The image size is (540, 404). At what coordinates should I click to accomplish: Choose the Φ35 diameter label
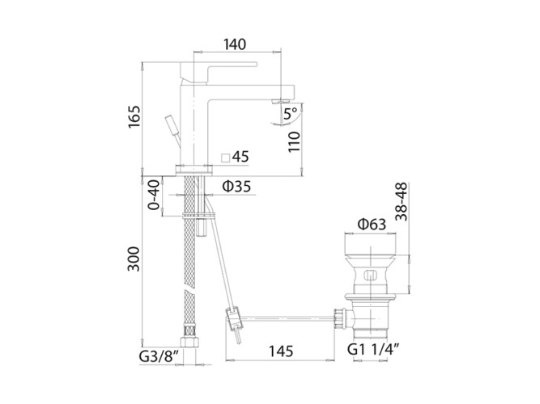point(236,187)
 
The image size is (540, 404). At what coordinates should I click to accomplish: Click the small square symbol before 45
point(227,156)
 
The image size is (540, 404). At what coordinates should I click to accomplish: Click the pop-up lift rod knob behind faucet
point(172,124)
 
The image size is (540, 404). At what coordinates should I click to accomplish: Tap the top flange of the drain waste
point(369,244)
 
